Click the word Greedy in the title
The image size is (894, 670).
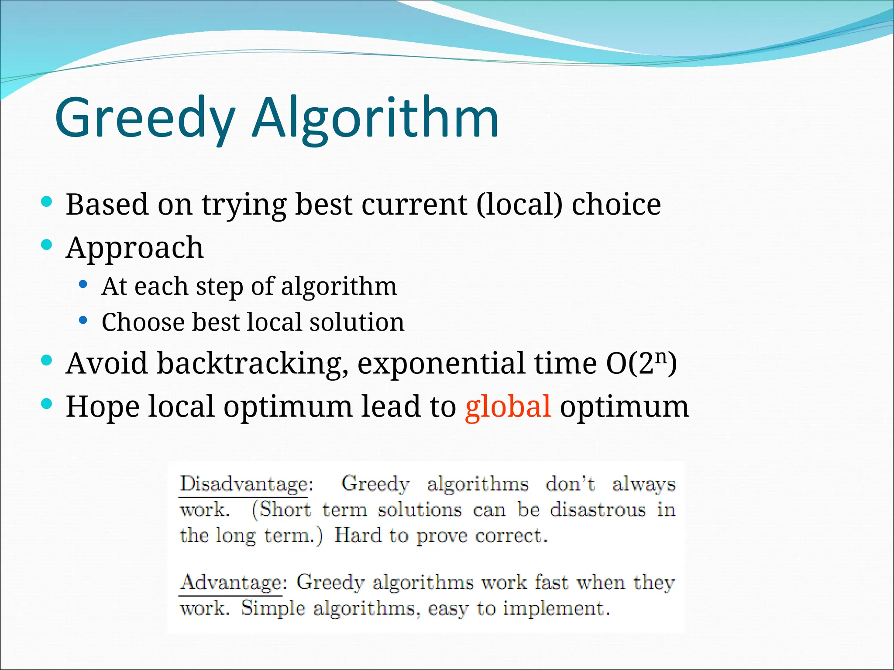click(x=144, y=118)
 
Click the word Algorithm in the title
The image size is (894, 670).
click(x=375, y=118)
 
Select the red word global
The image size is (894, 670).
click(x=508, y=407)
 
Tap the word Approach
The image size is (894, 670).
click(x=134, y=248)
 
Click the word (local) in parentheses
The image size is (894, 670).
click(x=519, y=204)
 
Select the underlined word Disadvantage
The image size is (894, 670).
click(x=244, y=484)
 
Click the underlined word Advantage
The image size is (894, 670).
click(x=231, y=582)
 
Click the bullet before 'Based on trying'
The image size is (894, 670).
click(x=46, y=202)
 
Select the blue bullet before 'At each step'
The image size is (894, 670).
click(x=83, y=285)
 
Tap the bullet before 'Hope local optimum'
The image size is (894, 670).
click(x=46, y=404)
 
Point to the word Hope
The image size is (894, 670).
click(x=103, y=407)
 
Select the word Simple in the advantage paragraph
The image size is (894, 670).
click(x=273, y=608)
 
